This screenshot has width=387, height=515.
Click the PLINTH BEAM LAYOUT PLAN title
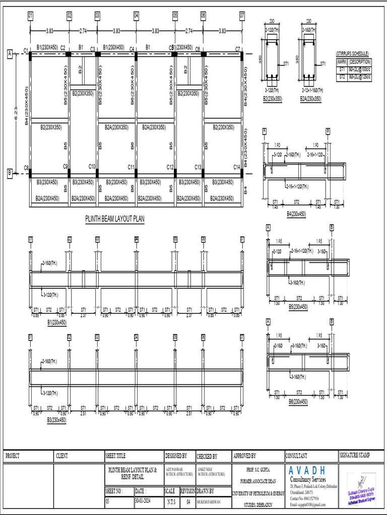pyautogui.click(x=114, y=220)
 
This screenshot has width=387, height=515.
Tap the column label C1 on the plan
pyautogui.click(x=26, y=50)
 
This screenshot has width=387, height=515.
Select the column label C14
pyautogui.click(x=237, y=167)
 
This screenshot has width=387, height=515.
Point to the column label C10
pyautogui.click(x=92, y=166)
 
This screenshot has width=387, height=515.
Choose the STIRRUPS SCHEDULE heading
pyautogui.click(x=352, y=53)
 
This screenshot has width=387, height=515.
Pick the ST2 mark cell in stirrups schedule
pyautogui.click(x=342, y=77)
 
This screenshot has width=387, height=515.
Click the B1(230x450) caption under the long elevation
pyautogui.click(x=57, y=322)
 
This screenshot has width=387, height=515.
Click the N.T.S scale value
pyautogui.click(x=171, y=502)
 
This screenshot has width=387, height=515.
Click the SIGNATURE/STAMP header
pyautogui.click(x=355, y=456)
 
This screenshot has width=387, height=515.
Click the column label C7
pyautogui.click(x=237, y=49)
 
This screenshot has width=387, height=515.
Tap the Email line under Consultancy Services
pyautogui.click(x=307, y=504)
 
